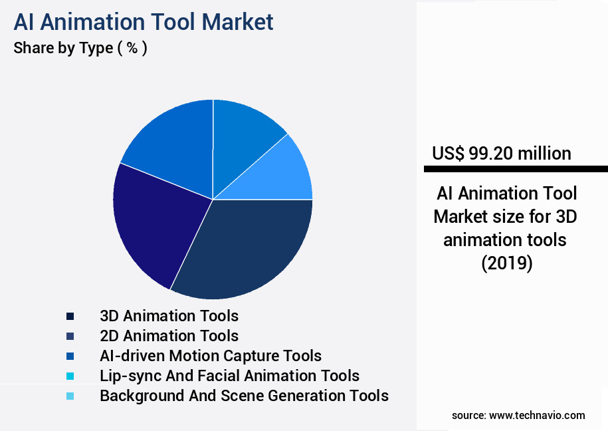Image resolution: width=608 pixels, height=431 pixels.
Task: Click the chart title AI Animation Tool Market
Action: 143,21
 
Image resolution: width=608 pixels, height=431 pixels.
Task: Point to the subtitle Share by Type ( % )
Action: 80,49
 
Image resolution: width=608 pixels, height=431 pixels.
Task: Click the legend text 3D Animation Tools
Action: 169,315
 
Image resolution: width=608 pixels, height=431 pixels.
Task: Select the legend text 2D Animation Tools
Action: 169,336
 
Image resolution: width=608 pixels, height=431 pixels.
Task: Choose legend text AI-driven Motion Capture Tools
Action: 210,356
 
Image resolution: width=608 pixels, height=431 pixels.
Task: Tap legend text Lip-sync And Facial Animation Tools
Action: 229,376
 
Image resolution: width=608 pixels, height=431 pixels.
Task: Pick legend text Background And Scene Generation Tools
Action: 244,396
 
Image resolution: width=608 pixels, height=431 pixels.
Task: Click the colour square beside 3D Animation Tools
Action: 70,316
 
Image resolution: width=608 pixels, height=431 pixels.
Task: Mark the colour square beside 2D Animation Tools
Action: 70,336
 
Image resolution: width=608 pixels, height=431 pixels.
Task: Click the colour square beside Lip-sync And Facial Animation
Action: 70,376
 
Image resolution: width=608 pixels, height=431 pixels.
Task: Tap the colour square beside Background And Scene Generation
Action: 70,396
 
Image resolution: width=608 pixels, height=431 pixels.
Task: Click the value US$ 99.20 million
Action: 501,154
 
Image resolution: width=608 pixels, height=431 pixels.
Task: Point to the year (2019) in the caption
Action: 506,263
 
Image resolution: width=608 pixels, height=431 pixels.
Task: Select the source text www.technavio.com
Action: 537,415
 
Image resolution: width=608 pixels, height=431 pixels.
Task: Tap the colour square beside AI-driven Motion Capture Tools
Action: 70,356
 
